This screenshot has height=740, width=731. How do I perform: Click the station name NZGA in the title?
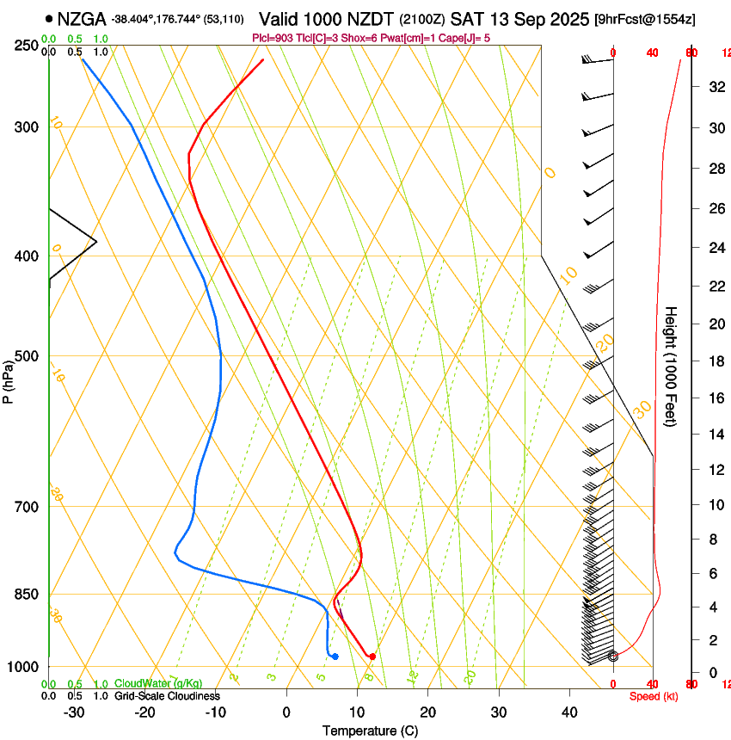point(83,18)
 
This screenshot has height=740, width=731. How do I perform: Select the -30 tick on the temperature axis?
point(74,712)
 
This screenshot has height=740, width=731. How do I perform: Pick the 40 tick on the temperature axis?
point(568,712)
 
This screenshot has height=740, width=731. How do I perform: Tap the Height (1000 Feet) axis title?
point(672,366)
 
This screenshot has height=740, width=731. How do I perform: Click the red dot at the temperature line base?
point(372,657)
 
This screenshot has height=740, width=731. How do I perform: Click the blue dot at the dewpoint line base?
point(335,657)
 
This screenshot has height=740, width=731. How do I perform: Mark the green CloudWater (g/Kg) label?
point(158,684)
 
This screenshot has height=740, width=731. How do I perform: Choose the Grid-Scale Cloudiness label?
point(167,696)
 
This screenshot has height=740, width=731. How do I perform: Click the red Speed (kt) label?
point(654,696)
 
